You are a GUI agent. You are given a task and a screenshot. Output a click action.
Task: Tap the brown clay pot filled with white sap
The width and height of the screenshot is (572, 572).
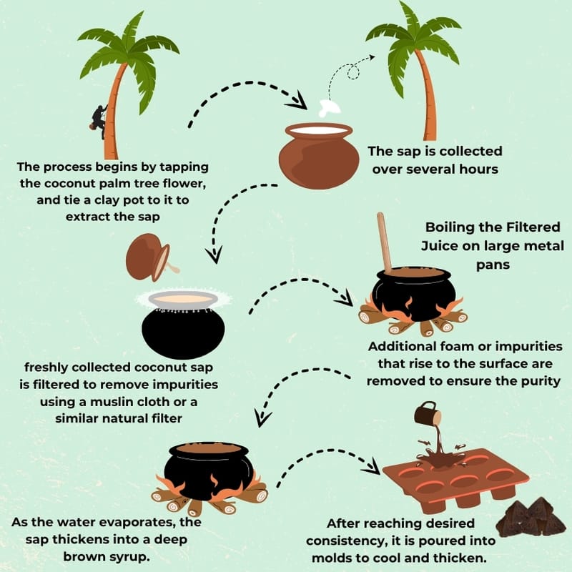319,155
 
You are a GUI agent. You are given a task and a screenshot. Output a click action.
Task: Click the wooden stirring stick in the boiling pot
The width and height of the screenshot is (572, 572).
385,243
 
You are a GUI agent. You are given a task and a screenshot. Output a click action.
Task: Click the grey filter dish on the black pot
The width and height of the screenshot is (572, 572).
183,300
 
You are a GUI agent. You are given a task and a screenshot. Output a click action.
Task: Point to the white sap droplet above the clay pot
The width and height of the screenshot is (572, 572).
330,109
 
